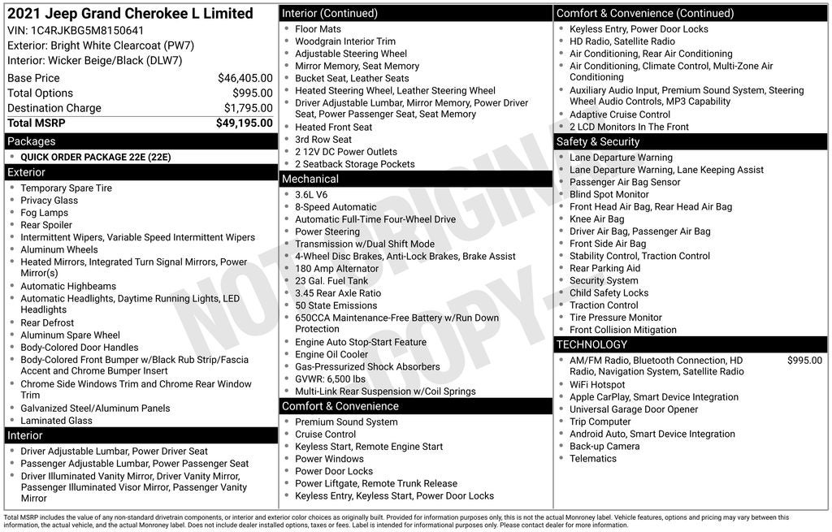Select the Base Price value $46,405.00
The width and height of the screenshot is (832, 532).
(245, 78)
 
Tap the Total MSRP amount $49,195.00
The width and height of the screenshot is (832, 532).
(244, 123)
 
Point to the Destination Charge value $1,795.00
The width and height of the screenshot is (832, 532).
(248, 108)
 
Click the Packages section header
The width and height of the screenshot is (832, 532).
(32, 141)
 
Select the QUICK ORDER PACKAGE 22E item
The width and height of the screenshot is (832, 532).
(96, 157)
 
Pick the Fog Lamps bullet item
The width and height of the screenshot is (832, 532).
(45, 213)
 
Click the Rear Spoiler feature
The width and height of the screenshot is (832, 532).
(46, 225)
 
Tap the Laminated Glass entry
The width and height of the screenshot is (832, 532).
(56, 421)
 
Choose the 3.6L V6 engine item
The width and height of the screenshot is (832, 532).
(311, 195)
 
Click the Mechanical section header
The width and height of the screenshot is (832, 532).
(310, 179)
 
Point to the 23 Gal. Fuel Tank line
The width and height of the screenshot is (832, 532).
(331, 281)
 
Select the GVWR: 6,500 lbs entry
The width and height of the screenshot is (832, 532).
(330, 378)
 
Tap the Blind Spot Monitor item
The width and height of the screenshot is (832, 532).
(609, 194)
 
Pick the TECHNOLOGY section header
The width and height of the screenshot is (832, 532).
(591, 344)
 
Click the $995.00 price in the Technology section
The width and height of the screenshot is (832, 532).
(804, 360)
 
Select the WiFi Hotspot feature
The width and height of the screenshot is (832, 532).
(597, 385)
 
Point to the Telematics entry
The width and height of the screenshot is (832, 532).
(593, 458)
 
